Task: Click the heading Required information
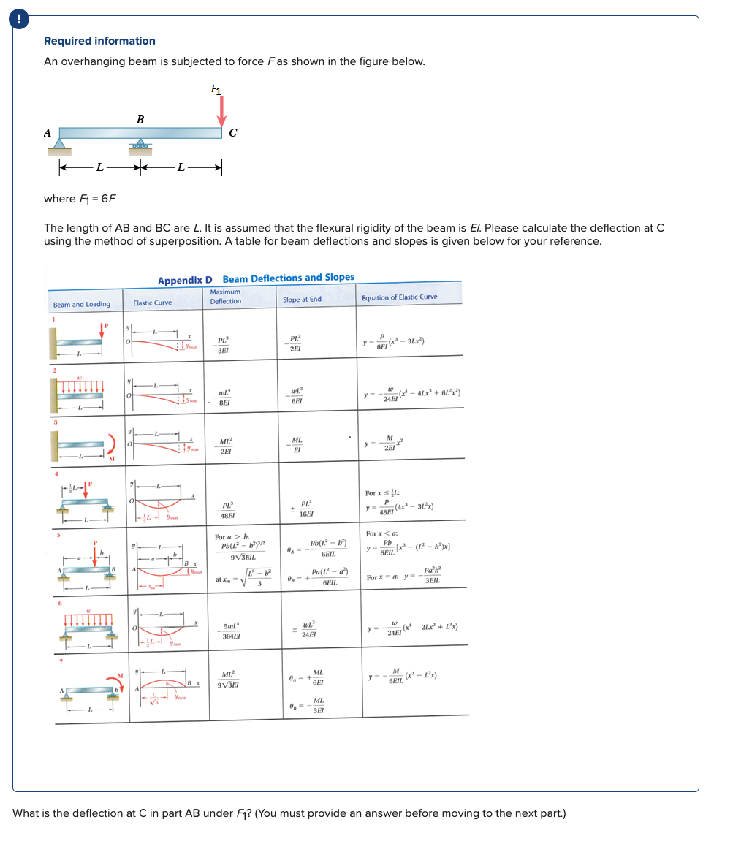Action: click(x=99, y=41)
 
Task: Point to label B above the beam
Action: click(x=140, y=119)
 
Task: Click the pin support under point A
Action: click(x=60, y=146)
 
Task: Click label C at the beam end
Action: click(x=232, y=133)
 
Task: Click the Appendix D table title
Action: click(x=256, y=278)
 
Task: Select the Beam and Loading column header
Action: click(x=82, y=304)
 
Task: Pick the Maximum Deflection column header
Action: click(x=225, y=296)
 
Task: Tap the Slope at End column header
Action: click(x=302, y=299)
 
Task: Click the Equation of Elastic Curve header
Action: click(x=399, y=297)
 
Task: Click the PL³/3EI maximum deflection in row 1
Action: click(x=223, y=344)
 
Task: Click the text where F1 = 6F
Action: click(x=80, y=199)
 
